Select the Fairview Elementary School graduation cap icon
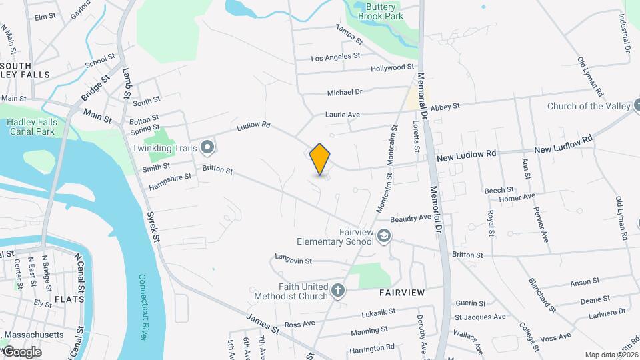383,235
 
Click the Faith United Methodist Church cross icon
338,291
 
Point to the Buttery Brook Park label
381,11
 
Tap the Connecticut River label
142,307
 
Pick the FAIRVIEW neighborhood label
402,293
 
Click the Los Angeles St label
336,57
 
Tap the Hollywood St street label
393,68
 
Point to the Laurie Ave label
343,115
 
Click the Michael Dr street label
345,92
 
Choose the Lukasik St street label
378,311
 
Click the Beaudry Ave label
411,218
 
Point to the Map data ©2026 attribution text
611,355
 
